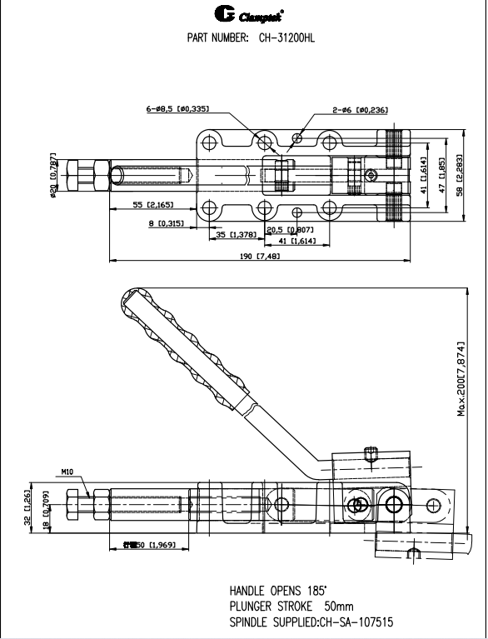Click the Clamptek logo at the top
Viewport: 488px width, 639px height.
point(243,14)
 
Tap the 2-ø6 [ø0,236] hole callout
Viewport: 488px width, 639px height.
point(360,109)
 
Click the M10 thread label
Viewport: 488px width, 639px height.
point(67,472)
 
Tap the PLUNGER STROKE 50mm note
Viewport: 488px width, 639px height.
point(285,606)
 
